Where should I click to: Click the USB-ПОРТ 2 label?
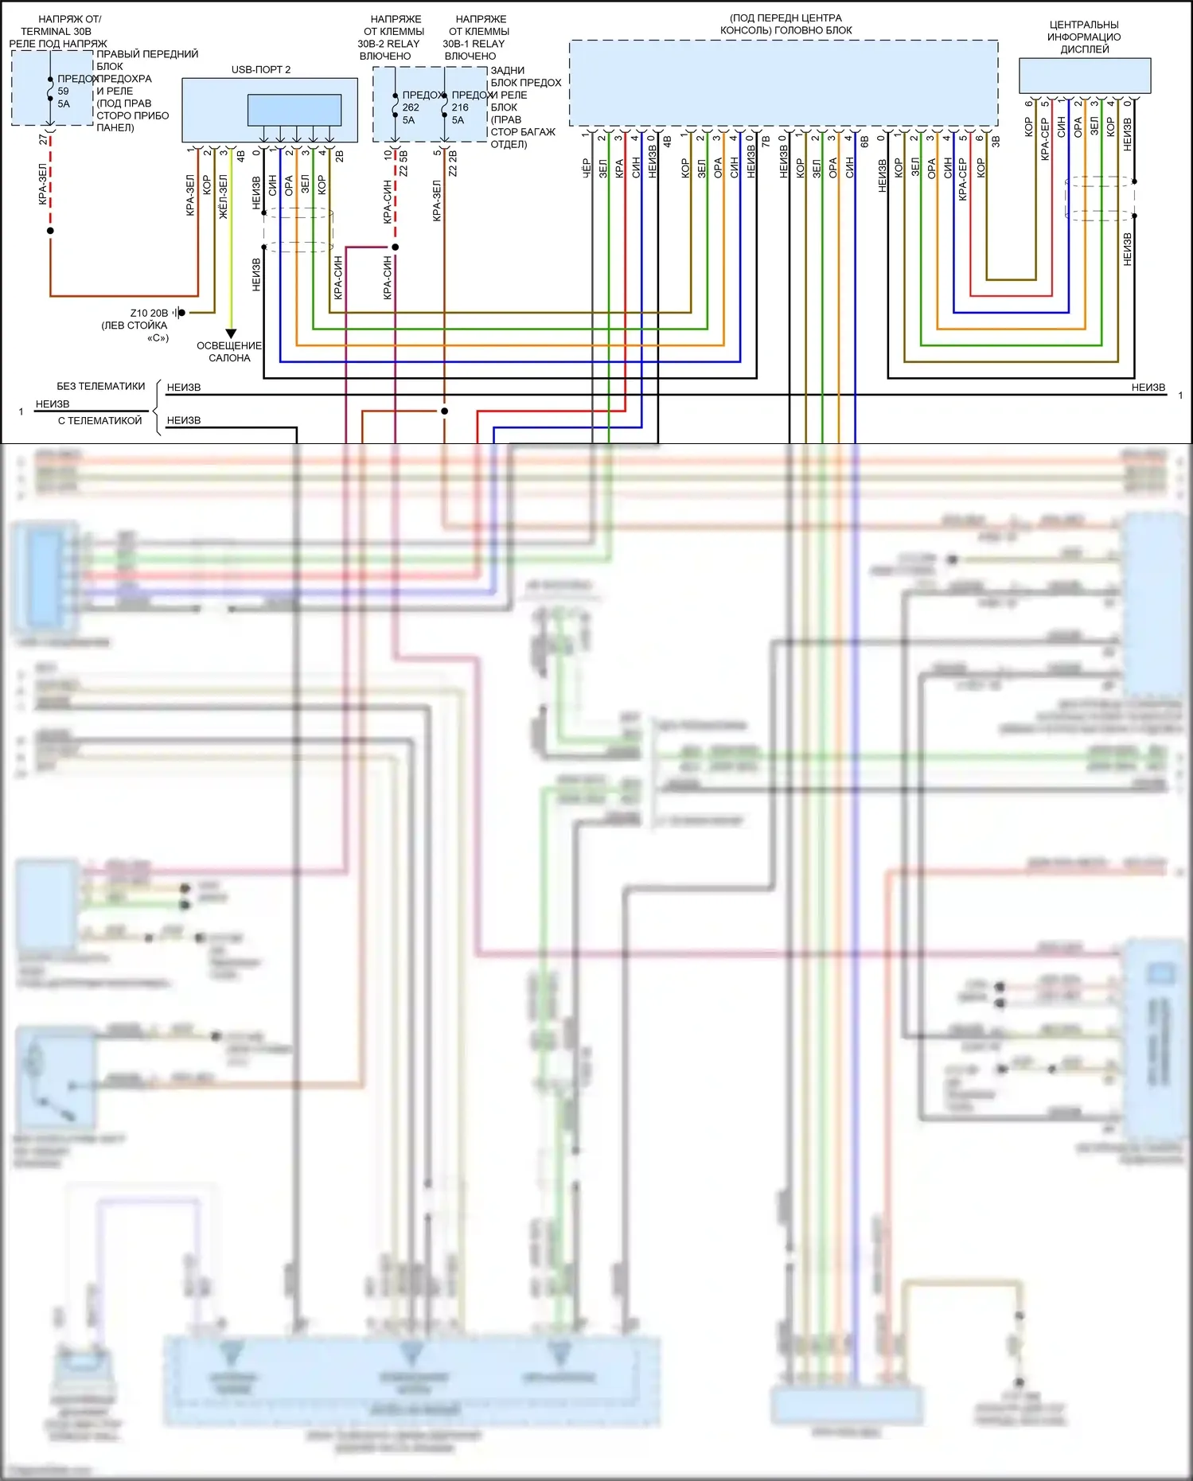click(260, 70)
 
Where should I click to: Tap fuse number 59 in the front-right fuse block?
click(63, 91)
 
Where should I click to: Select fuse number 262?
click(411, 107)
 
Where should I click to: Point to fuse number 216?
click(460, 107)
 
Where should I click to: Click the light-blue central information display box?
click(1084, 76)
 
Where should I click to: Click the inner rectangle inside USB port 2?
click(294, 110)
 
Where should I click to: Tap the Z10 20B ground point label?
click(149, 313)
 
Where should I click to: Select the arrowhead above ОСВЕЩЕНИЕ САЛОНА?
click(231, 333)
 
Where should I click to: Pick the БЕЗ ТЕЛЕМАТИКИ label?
click(100, 386)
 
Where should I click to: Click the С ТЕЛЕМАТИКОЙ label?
click(99, 420)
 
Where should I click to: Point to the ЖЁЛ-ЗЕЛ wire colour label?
click(223, 196)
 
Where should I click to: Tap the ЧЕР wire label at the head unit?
click(586, 167)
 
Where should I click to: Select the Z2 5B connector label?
click(404, 163)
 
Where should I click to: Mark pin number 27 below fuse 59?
click(43, 139)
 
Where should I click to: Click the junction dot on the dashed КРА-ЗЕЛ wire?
click(50, 231)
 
